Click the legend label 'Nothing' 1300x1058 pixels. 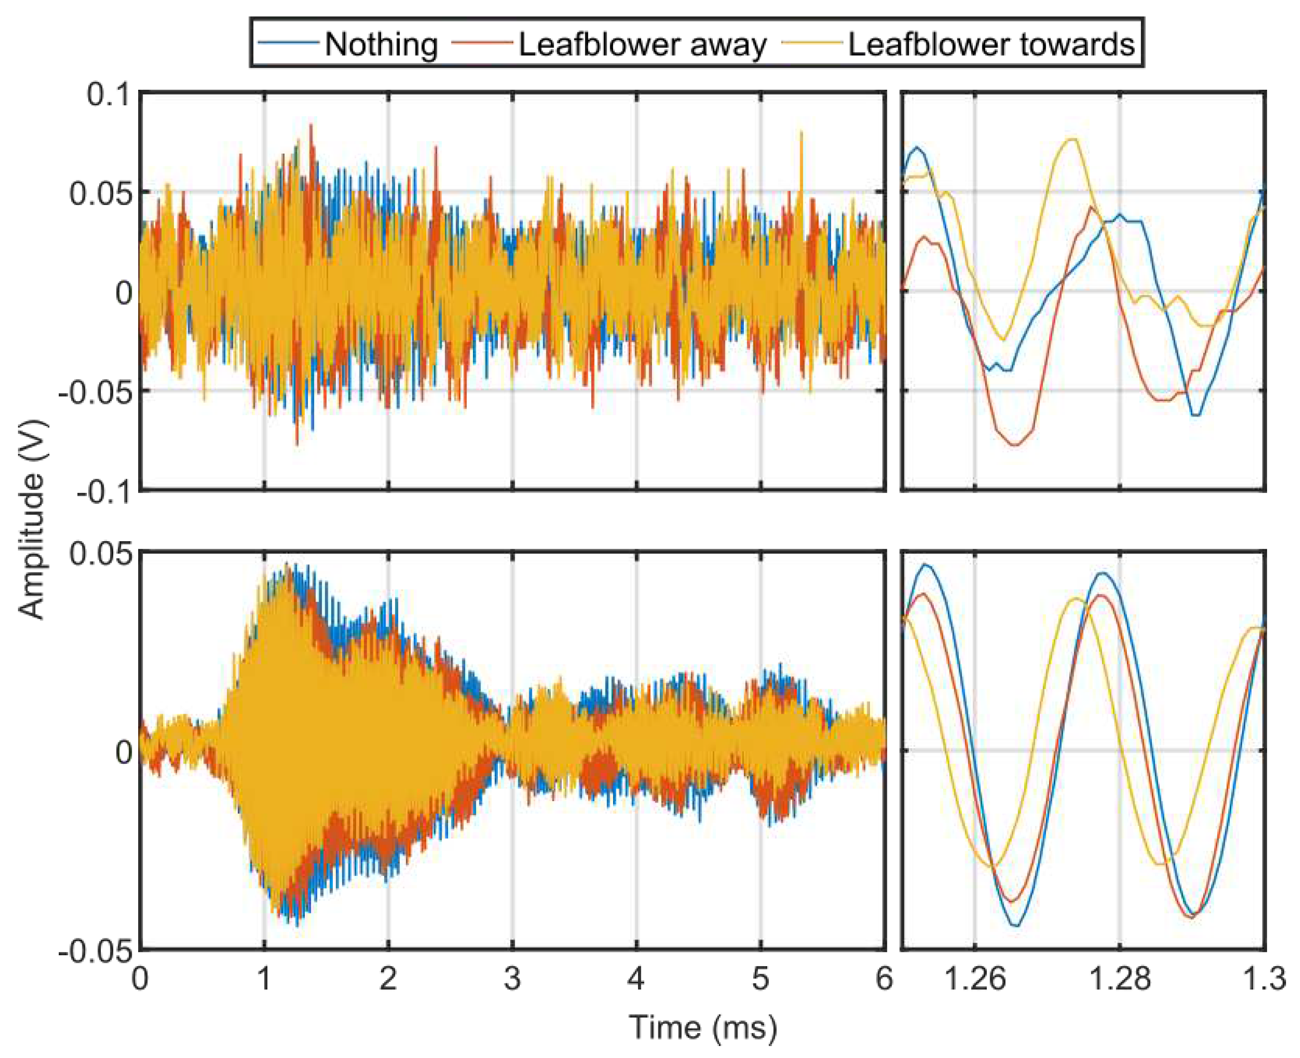coord(381,44)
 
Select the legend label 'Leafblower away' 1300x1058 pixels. coord(643,44)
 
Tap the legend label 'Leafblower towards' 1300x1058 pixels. coord(992,44)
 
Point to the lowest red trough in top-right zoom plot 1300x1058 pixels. coord(1015,445)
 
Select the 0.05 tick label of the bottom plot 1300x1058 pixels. coord(101,553)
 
